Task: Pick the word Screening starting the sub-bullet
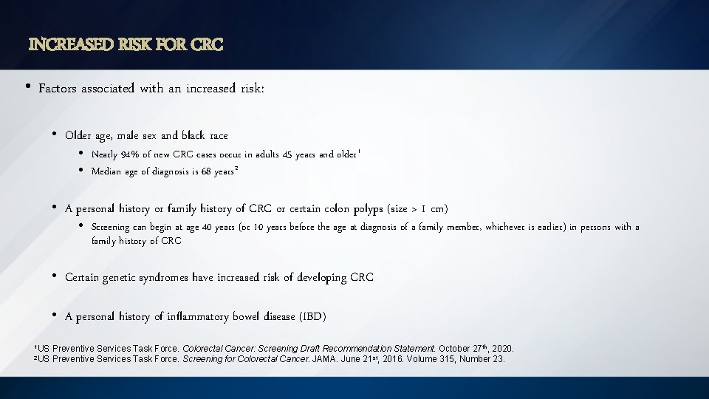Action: click(x=110, y=228)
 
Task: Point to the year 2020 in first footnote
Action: click(x=502, y=348)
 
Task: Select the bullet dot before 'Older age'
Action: click(x=55, y=135)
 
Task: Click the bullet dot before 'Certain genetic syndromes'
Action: click(x=55, y=277)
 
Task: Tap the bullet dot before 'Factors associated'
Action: click(x=27, y=88)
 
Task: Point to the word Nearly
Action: click(x=105, y=154)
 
